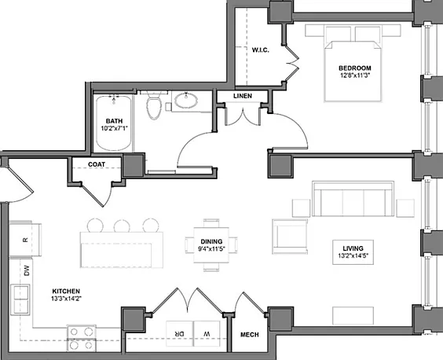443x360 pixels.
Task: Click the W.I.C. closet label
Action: click(x=260, y=50)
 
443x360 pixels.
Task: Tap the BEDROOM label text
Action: click(x=355, y=68)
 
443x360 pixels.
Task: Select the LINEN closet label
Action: click(x=243, y=96)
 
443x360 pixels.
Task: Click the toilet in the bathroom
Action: click(x=154, y=105)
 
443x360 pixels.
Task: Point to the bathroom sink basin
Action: click(x=186, y=101)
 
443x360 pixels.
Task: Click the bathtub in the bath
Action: click(x=114, y=123)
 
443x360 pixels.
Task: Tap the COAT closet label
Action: click(x=97, y=164)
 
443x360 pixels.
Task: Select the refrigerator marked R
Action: click(x=25, y=240)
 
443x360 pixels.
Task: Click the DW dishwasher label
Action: click(x=27, y=270)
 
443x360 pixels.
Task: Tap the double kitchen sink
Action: click(x=20, y=299)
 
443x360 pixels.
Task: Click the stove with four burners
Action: click(x=82, y=338)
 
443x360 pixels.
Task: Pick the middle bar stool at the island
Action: click(x=122, y=226)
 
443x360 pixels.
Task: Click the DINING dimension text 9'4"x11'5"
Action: click(x=211, y=249)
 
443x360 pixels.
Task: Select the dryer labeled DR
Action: click(x=179, y=334)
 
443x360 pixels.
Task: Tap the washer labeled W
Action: click(x=207, y=334)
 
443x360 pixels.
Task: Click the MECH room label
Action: click(x=250, y=335)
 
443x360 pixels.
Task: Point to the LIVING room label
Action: click(x=353, y=248)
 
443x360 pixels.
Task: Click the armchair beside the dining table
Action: click(x=290, y=237)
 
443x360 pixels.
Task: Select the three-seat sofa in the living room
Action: click(x=353, y=199)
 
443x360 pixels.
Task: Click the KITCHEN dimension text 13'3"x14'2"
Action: click(x=67, y=298)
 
